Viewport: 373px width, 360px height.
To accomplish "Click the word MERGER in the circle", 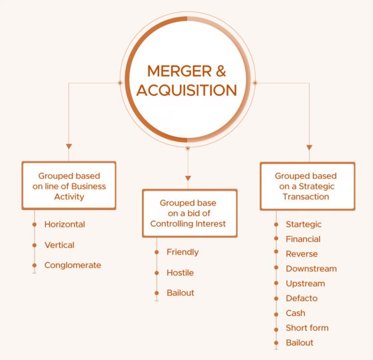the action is click(x=179, y=71).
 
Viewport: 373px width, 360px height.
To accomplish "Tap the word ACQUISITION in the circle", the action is click(x=186, y=90).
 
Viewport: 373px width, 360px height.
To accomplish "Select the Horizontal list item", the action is click(x=65, y=224).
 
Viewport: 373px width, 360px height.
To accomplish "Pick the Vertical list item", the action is click(x=59, y=245).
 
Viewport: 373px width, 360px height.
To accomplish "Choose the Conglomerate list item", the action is click(x=73, y=265).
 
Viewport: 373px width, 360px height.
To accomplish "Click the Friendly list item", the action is click(x=183, y=252).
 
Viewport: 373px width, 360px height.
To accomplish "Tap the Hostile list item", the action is click(x=180, y=273).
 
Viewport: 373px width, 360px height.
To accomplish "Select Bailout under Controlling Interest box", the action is click(x=181, y=293).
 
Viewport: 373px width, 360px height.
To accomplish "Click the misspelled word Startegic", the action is click(x=304, y=224).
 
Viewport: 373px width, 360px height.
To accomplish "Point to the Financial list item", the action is click(x=303, y=239).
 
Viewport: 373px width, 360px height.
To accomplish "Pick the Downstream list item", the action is click(x=311, y=269).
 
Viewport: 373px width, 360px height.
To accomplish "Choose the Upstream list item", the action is click(x=305, y=283).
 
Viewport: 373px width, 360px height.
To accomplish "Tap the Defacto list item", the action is click(x=302, y=299).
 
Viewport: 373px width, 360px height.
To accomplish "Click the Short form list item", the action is click(x=307, y=328).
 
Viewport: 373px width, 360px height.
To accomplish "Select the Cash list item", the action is click(x=296, y=313).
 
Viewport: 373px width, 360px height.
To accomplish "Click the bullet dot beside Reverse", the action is click(x=276, y=252).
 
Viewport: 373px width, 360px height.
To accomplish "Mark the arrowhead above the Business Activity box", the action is click(x=69, y=146).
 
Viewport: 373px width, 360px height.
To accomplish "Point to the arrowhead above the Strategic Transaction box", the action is click(x=309, y=147).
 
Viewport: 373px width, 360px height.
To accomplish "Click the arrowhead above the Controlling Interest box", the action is click(x=188, y=179).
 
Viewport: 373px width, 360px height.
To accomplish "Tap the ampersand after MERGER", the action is click(x=221, y=71).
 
